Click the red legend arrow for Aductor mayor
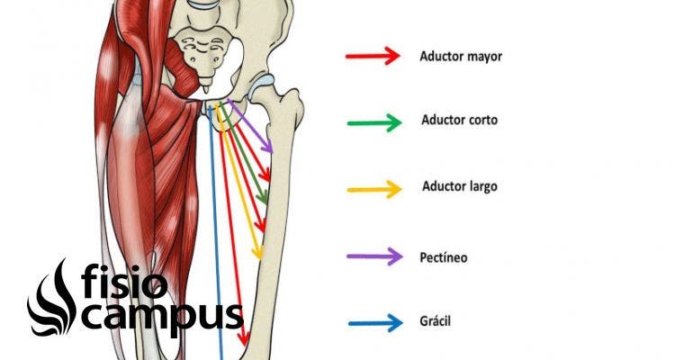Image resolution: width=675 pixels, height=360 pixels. coord(373,56)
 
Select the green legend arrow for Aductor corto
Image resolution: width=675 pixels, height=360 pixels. coord(373,122)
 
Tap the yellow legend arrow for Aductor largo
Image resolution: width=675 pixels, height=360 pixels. coord(373,189)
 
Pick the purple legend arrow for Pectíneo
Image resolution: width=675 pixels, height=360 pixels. coord(373,256)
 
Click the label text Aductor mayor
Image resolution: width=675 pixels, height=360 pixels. coord(460,56)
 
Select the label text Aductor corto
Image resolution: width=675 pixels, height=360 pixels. coord(458,120)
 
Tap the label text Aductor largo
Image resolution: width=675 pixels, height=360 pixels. coord(459,187)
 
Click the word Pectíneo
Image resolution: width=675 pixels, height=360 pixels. coord(444,257)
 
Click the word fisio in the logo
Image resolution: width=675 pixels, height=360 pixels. coord(122,283)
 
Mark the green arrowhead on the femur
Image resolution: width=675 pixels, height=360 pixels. coord(264,197)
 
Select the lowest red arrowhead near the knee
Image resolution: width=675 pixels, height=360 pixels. coord(243,339)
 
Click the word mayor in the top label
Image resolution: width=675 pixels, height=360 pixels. coord(483,57)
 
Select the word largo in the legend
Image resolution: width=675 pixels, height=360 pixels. coord(481,188)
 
